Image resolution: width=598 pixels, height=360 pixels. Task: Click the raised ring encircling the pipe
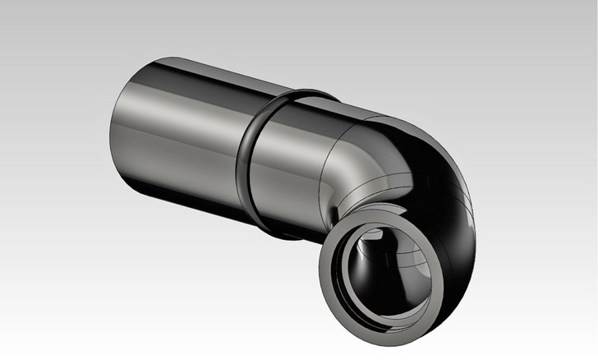coord(243,156)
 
